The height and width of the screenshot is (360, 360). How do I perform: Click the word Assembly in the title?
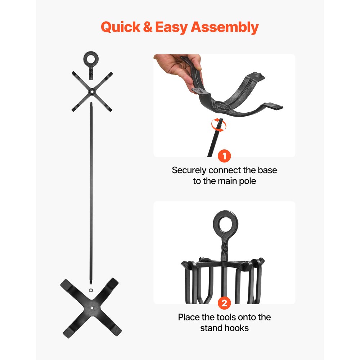[x=224, y=28]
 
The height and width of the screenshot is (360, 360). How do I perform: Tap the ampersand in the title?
[x=148, y=27]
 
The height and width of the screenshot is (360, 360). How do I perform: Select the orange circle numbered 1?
[x=224, y=157]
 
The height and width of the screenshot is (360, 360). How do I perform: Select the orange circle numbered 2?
[x=224, y=303]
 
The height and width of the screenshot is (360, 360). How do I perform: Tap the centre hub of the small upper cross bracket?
[x=92, y=91]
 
